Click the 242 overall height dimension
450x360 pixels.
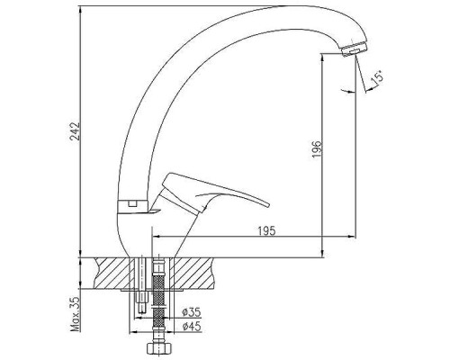[x=75, y=130]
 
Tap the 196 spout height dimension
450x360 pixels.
[x=317, y=149]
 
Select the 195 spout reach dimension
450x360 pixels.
[x=266, y=230]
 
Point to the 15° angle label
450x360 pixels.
[x=377, y=77]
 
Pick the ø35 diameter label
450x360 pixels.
[x=192, y=313]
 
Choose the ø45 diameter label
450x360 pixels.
[x=192, y=326]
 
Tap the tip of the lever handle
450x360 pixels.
[x=268, y=205]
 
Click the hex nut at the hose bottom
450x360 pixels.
[x=159, y=349]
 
